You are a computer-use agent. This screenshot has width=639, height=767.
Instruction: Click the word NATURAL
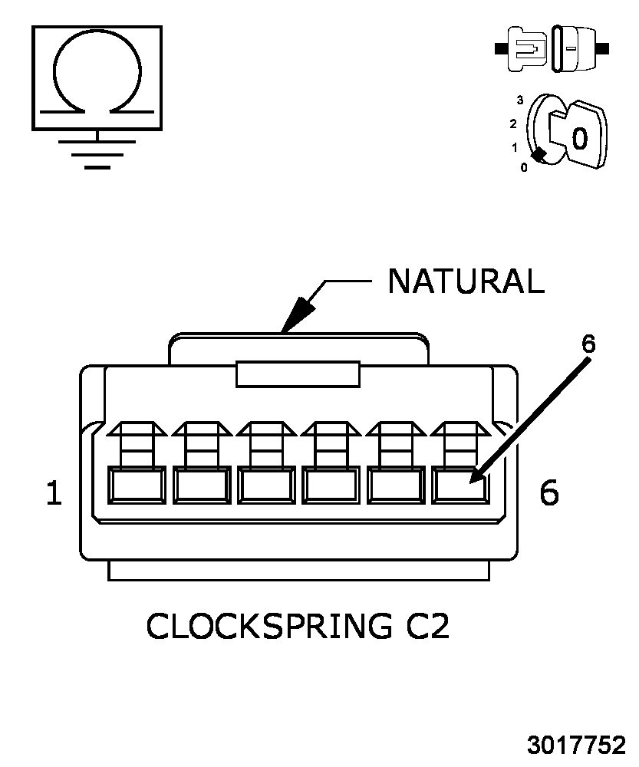tap(466, 281)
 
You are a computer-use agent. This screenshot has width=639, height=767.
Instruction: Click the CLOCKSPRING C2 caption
tap(298, 626)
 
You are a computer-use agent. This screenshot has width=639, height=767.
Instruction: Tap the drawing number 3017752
tap(576, 745)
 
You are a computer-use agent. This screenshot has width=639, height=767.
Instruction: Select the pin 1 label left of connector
tap(54, 492)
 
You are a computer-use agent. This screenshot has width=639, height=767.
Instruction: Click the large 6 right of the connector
tap(549, 492)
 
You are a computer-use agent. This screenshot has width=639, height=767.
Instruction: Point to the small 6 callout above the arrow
tap(588, 344)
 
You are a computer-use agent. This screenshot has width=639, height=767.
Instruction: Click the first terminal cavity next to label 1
tap(137, 486)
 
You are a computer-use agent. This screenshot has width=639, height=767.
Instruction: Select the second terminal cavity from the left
tap(202, 486)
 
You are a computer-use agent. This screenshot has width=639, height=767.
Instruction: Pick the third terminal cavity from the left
tap(266, 486)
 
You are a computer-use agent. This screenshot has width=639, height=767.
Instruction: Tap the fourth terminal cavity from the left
tap(331, 486)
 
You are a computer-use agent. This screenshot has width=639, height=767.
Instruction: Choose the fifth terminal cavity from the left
tap(396, 486)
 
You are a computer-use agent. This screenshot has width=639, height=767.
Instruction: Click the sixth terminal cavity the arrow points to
tap(460, 486)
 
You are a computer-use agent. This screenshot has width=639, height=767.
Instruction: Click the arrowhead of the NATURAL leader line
tap(297, 315)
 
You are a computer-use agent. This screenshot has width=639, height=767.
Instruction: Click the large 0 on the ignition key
tap(579, 138)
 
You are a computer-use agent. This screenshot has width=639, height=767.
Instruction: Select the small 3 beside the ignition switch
tap(519, 100)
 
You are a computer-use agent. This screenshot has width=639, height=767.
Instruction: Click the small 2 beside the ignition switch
tap(512, 123)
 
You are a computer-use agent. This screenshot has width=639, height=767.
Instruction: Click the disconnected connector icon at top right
tap(552, 49)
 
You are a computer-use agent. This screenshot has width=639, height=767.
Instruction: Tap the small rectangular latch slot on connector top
tap(298, 374)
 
